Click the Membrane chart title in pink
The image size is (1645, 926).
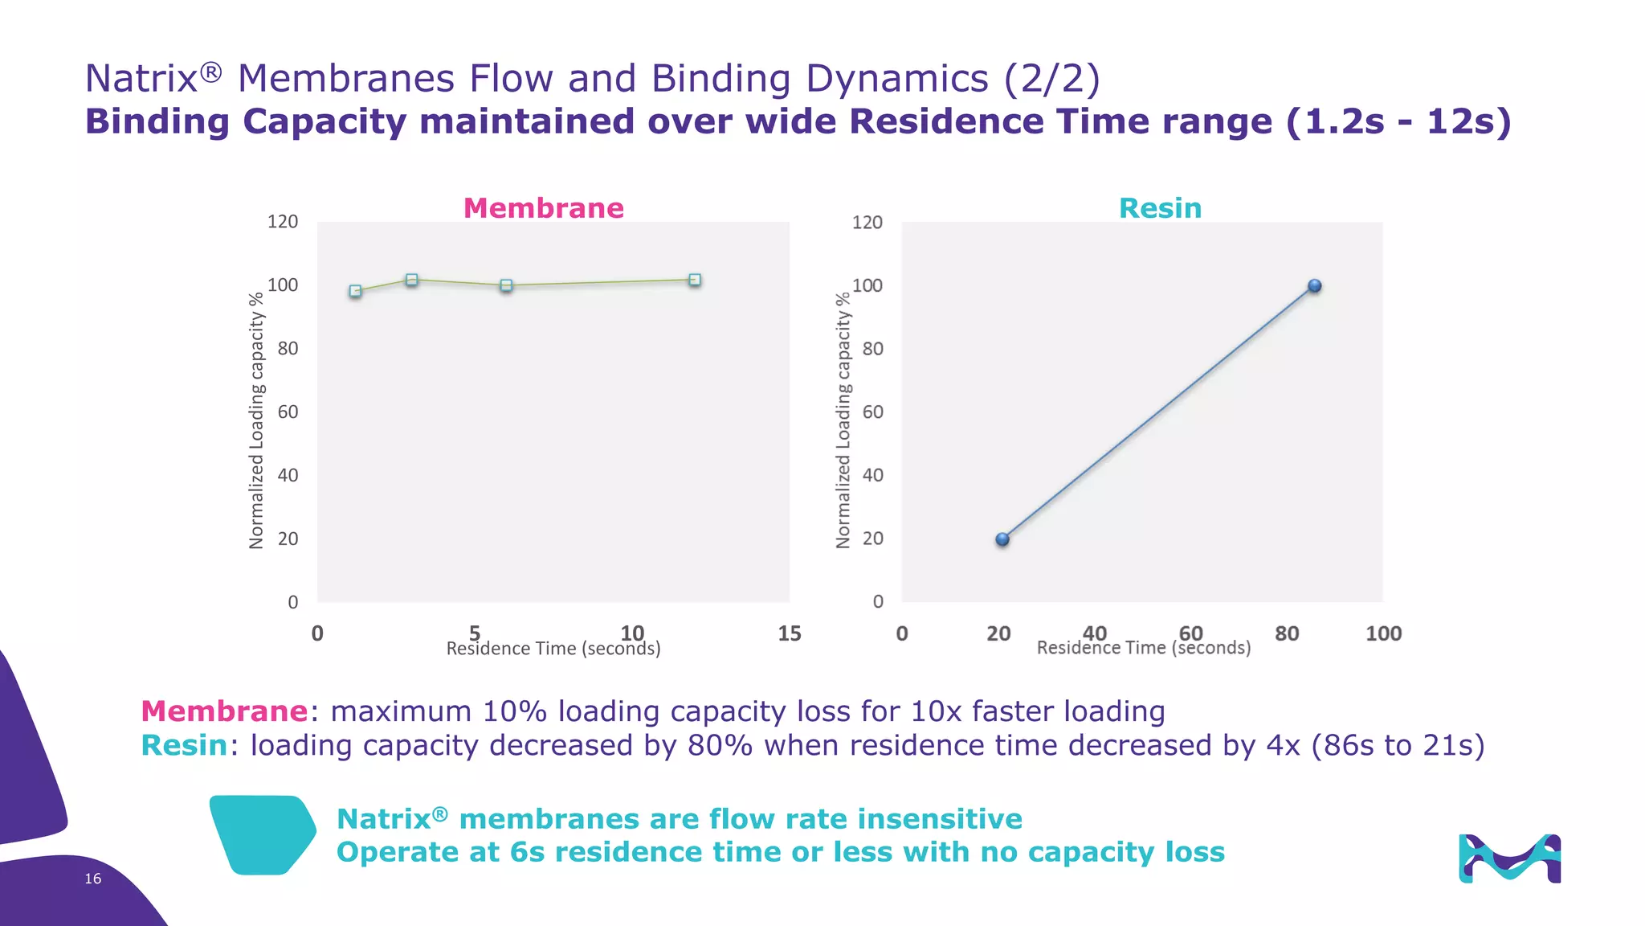[x=543, y=208]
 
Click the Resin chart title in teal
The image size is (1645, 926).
[x=1160, y=208]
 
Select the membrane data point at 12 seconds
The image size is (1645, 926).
[x=695, y=280]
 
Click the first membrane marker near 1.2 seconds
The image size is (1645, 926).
[x=355, y=291]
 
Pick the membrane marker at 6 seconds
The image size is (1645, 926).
[x=506, y=285]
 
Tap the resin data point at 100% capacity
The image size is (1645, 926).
[x=1315, y=285]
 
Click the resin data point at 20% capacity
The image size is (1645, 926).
[x=1002, y=539]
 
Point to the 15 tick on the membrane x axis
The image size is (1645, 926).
[x=789, y=633]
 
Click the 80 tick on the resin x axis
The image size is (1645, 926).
[x=1287, y=633]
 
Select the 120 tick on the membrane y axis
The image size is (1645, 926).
[x=282, y=222]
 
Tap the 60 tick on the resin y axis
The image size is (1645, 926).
[x=872, y=412]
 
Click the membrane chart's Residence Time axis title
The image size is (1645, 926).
[x=553, y=649]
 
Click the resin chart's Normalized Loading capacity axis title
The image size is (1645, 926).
[x=843, y=420]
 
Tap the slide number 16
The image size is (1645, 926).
[x=93, y=879]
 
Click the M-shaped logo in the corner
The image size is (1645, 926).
[x=1509, y=858]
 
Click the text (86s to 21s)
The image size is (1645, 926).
[x=1398, y=745]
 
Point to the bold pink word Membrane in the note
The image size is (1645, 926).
[x=224, y=711]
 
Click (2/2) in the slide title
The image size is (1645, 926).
[x=1052, y=79]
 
